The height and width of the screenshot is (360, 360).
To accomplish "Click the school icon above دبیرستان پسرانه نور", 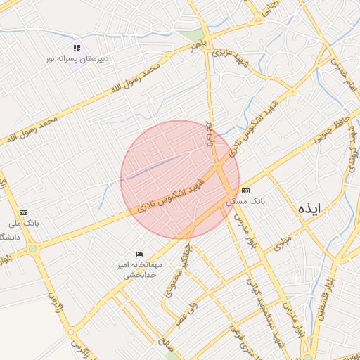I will tap(77, 49).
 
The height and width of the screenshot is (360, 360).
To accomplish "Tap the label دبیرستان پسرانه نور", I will tap(77, 59).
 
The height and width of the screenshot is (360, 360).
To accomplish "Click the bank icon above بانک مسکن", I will tap(245, 191).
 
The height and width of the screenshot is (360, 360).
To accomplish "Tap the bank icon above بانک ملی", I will tap(25, 212).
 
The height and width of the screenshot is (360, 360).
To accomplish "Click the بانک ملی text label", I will tap(24, 223).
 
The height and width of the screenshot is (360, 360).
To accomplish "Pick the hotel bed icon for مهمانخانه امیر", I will tap(139, 254).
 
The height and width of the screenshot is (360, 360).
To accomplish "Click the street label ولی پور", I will tap(209, 133).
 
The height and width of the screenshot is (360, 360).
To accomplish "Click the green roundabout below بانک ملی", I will tap(32, 249).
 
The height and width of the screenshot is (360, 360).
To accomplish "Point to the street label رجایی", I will tap(269, 9).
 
